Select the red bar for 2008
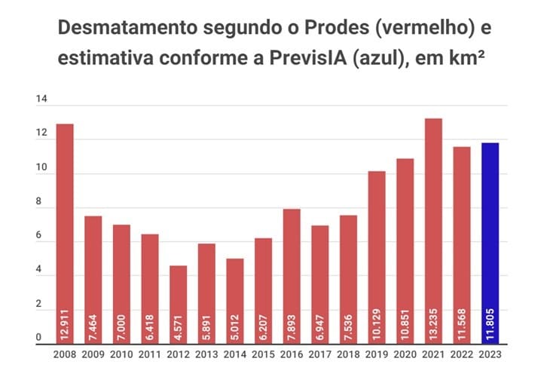[x=65, y=234]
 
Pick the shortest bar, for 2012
[x=178, y=305]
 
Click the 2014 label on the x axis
[x=235, y=354]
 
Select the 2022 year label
[x=462, y=354]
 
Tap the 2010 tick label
[x=121, y=354]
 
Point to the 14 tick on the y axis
[x=41, y=100]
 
